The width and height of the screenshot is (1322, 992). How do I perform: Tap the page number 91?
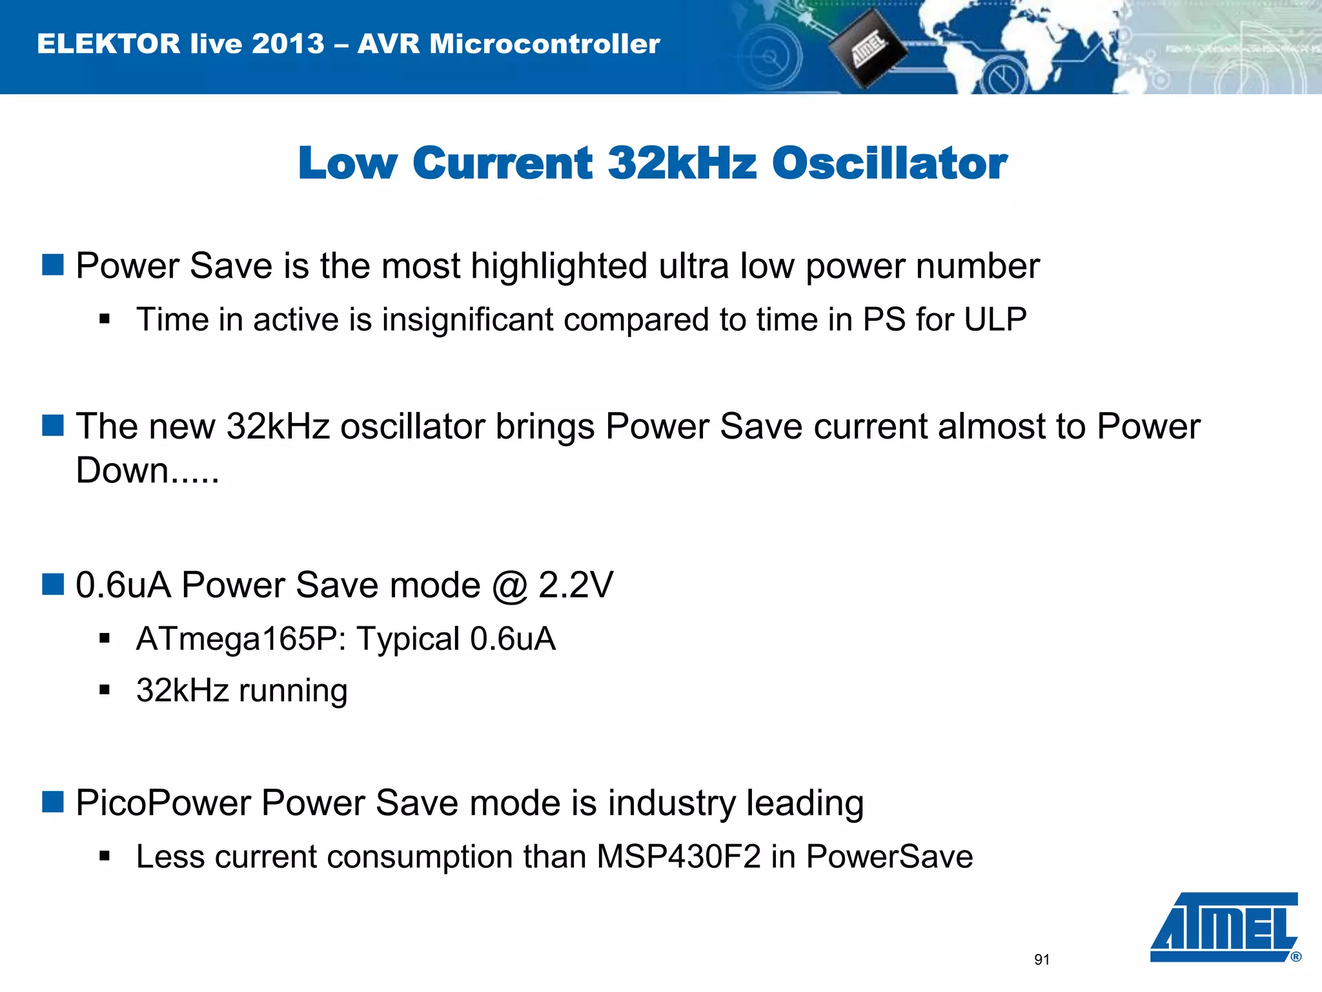[1042, 960]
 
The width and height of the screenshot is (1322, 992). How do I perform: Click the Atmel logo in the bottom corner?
[1225, 927]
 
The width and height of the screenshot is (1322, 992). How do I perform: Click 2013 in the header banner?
[288, 44]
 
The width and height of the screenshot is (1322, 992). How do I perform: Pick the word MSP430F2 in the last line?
[679, 857]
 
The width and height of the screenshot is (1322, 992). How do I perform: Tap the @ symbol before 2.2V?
[509, 586]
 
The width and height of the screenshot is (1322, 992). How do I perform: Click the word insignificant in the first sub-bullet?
[467, 320]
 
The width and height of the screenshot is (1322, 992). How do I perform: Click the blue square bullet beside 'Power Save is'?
[53, 265]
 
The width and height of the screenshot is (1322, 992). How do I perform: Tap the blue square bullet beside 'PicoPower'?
[53, 802]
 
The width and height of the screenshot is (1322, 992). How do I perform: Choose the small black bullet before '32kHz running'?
[105, 690]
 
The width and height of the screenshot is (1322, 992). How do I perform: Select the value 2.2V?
[575, 586]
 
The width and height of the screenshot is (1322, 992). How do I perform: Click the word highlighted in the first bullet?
[558, 266]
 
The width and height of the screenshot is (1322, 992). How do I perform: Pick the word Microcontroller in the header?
[544, 44]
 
